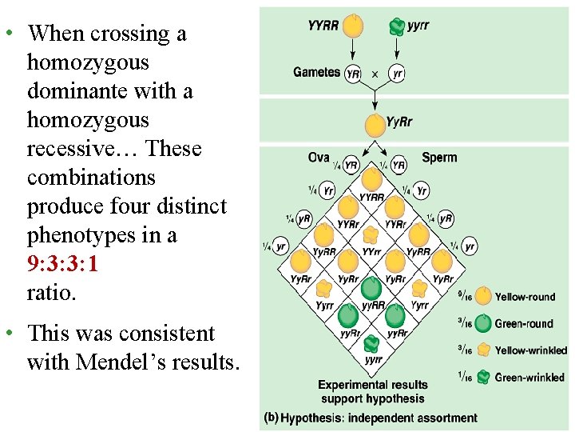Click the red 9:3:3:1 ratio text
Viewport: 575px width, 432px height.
(62, 264)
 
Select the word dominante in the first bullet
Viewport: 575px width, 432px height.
(69, 91)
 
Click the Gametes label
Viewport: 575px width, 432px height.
(316, 72)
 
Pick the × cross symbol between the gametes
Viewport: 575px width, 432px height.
(375, 74)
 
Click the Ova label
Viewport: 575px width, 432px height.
(319, 158)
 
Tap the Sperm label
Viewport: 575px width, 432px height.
(439, 158)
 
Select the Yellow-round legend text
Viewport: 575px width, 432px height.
(525, 297)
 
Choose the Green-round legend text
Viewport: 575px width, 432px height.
(524, 324)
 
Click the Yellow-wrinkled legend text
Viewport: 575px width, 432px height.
(530, 350)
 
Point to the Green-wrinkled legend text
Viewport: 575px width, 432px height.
(529, 378)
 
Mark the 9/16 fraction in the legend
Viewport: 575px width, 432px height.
(463, 297)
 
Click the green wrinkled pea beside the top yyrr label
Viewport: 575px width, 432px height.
(396, 26)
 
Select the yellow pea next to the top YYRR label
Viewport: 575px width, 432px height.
(352, 26)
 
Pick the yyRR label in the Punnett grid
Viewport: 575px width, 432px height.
(374, 305)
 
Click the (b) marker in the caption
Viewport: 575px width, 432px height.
(272, 418)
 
